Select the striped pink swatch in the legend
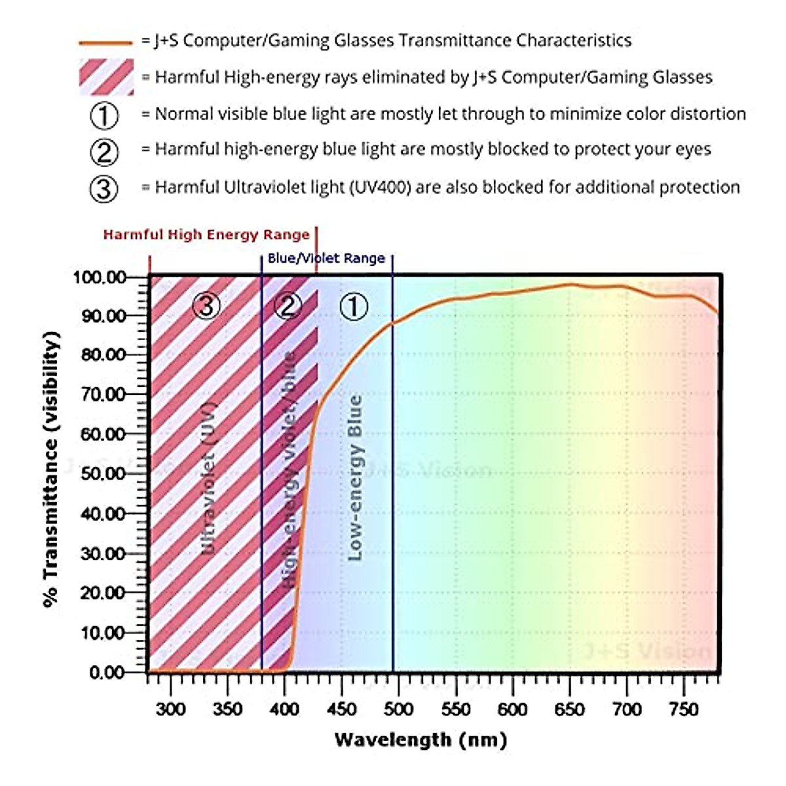pyautogui.click(x=106, y=77)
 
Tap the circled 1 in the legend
pyautogui.click(x=104, y=115)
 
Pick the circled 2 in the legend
pyautogui.click(x=104, y=151)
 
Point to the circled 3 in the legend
pyautogui.click(x=104, y=189)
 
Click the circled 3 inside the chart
pyautogui.click(x=206, y=305)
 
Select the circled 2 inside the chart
pyautogui.click(x=288, y=305)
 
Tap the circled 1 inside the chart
pyautogui.click(x=353, y=306)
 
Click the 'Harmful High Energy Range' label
pyautogui.click(x=206, y=235)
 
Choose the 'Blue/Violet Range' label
pyautogui.click(x=326, y=258)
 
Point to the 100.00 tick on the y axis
pyautogui.click(x=99, y=277)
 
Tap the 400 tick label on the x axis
pyautogui.click(x=284, y=709)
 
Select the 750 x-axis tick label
pyautogui.click(x=683, y=709)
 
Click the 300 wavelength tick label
pyautogui.click(x=170, y=709)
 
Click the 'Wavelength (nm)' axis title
pyautogui.click(x=421, y=740)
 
